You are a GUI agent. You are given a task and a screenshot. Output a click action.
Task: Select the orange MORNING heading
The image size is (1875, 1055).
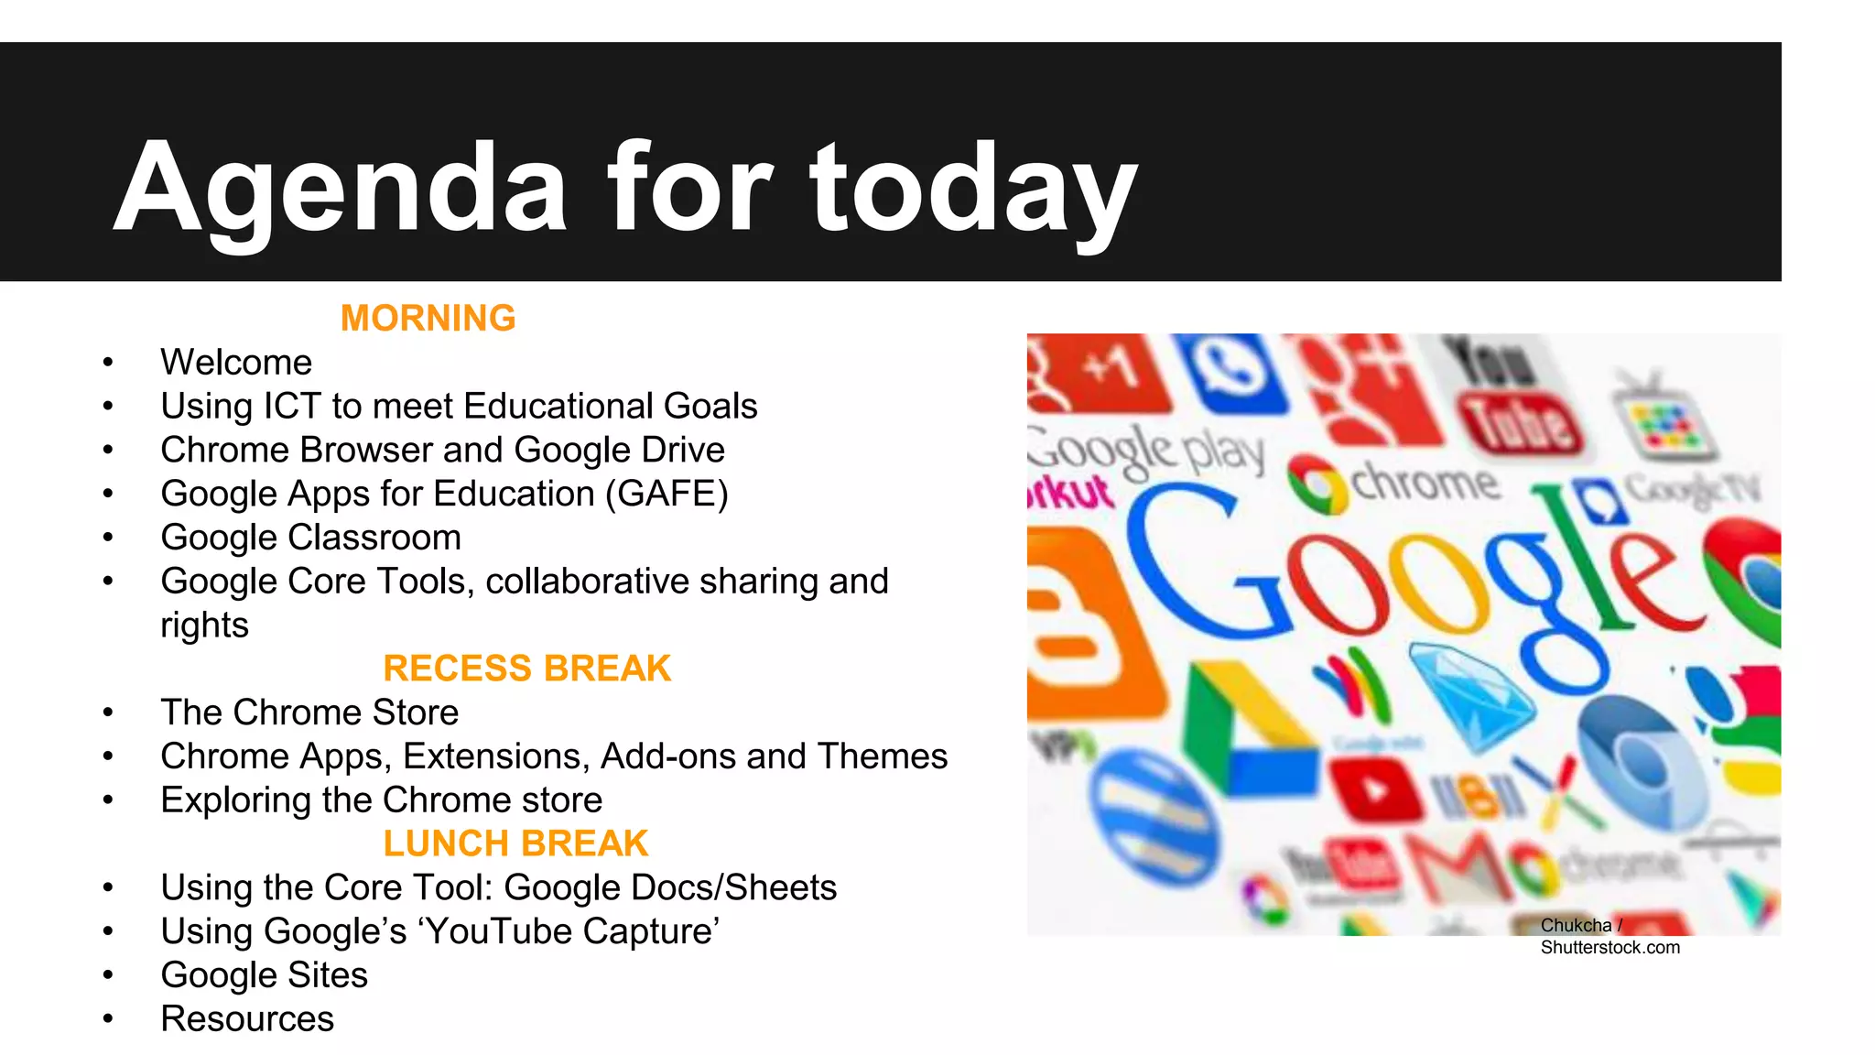pos(428,319)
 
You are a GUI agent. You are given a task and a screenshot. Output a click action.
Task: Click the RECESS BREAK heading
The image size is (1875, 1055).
pos(526,669)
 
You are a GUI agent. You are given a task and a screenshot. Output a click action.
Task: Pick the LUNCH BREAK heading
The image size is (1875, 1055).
pos(515,843)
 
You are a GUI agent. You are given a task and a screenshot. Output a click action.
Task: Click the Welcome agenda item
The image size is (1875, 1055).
pos(236,363)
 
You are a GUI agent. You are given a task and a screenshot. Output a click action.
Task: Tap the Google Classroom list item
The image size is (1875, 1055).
pos(310,538)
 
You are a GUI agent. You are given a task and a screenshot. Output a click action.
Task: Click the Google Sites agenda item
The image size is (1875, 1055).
pos(264,975)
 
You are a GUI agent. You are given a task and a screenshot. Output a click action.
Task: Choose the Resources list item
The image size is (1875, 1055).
pos(247,1019)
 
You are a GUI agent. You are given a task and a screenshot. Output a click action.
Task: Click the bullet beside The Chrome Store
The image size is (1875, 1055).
pos(108,713)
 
